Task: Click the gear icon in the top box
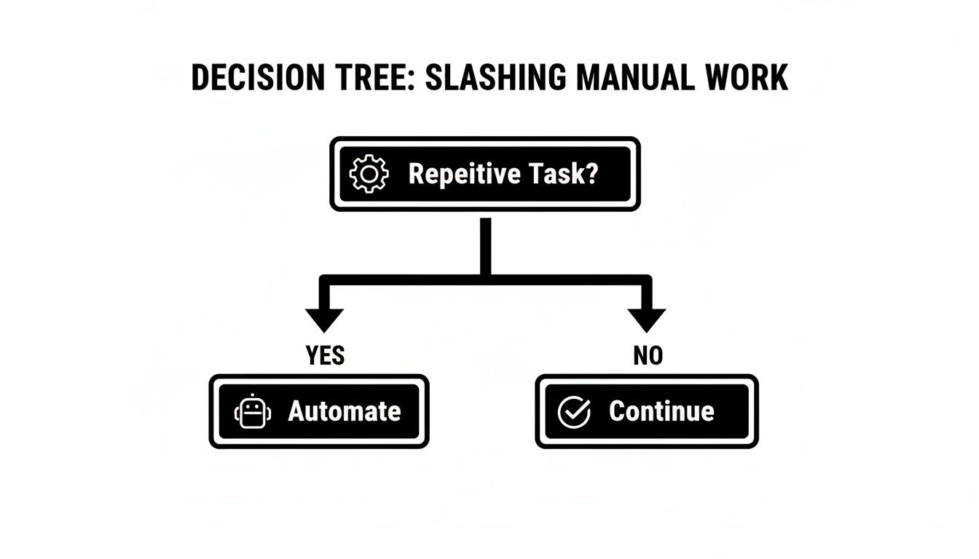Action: (x=369, y=175)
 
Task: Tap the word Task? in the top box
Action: (x=562, y=175)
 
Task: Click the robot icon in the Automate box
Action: (x=252, y=412)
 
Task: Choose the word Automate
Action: (x=345, y=411)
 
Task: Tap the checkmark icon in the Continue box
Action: (x=574, y=412)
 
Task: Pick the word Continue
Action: (x=661, y=411)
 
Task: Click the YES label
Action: (x=325, y=356)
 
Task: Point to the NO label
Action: (x=648, y=356)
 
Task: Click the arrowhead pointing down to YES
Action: (x=324, y=319)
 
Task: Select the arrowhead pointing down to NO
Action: (x=647, y=319)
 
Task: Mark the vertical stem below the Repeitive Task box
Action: (x=486, y=244)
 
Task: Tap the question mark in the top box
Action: (x=591, y=175)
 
